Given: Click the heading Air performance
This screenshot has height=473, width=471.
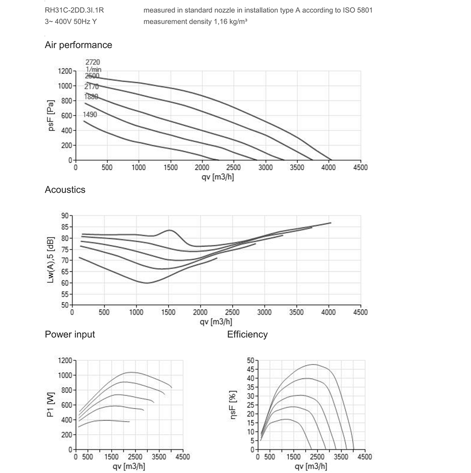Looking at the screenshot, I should point(78,45).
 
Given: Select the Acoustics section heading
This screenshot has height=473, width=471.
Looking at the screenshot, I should point(65,190).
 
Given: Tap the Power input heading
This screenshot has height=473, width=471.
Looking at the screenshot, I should point(70,334).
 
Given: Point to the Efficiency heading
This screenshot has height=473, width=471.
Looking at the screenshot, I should point(247,334).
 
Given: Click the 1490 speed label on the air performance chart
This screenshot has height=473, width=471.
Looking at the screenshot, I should point(90,114).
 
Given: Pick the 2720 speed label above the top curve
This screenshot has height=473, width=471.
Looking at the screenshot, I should point(93,62).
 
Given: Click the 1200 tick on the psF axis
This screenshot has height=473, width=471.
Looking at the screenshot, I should point(65,71).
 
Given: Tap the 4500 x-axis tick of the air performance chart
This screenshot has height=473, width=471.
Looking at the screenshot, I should point(360,167).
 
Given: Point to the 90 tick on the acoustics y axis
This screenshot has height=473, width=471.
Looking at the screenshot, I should point(65,216).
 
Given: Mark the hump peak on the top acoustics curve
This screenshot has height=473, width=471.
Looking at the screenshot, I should point(169,230).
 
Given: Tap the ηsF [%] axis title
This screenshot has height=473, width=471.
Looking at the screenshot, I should point(233,405).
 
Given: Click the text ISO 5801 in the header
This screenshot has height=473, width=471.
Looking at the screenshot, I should point(358,10).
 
